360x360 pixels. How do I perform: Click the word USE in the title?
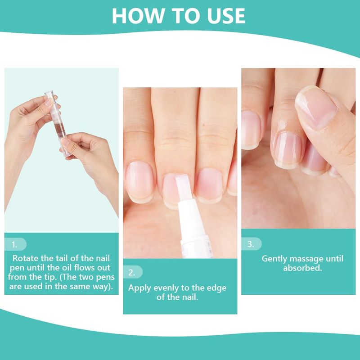click(226, 16)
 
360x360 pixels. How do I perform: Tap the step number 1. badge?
click(15, 244)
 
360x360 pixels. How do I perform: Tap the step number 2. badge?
click(132, 272)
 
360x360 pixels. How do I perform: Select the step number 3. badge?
click(251, 244)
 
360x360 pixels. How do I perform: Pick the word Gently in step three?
click(274, 259)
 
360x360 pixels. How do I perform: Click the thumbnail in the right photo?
click(316, 108)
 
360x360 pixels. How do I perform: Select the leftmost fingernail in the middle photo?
click(139, 181)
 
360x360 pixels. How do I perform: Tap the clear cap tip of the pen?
click(49, 94)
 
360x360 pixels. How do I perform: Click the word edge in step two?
click(216, 288)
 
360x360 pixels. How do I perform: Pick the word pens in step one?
click(105, 277)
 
